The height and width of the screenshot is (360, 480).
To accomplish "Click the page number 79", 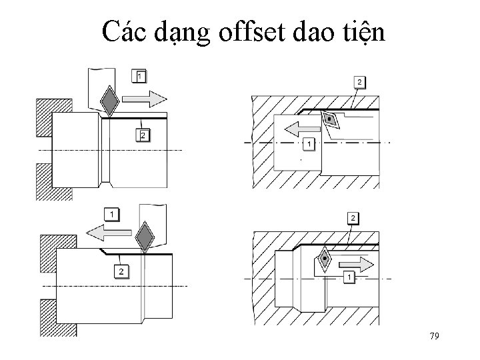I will tap(434, 335).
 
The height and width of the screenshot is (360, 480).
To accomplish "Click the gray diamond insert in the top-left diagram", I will tap(109, 101).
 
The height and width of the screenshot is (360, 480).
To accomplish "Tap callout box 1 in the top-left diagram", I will tap(139, 75).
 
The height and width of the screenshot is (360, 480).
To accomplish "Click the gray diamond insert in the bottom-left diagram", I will tap(144, 236).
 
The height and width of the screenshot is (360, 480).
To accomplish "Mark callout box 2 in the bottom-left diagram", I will tap(120, 271).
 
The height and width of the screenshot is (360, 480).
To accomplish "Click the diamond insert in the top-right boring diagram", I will tap(329, 120).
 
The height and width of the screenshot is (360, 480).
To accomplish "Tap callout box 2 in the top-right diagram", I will tap(359, 81).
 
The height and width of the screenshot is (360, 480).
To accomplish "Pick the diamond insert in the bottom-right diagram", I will tap(324, 258).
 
